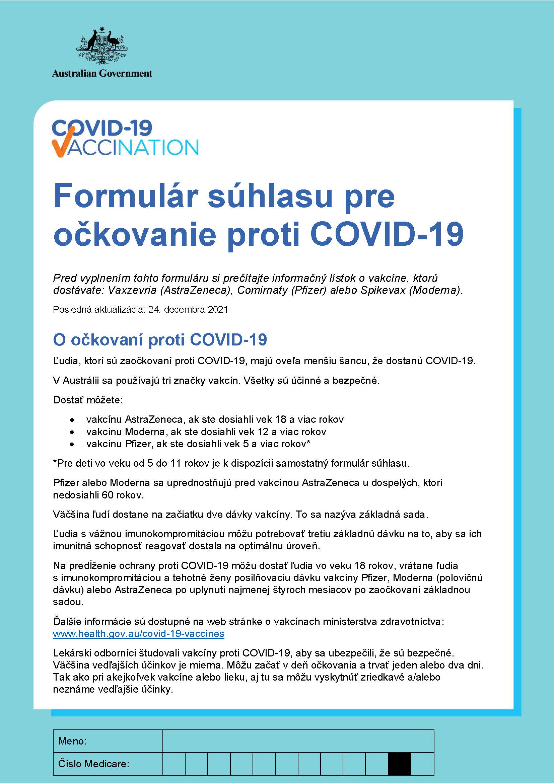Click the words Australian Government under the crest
[102, 73]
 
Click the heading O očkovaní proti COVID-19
[160, 340]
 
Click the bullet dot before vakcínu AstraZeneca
[72, 419]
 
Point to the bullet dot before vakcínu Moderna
[72, 432]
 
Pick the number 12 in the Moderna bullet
[263, 432]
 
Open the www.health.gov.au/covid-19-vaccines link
[139, 634]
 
